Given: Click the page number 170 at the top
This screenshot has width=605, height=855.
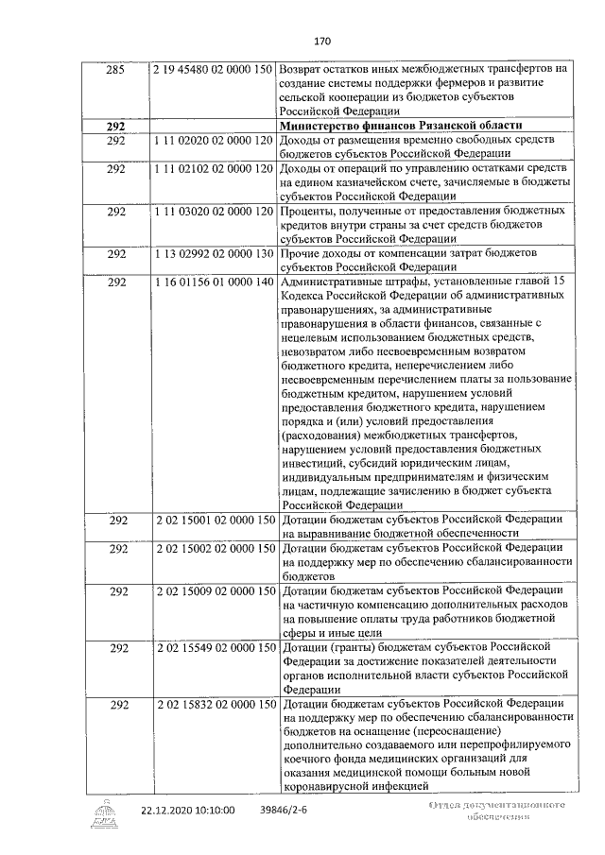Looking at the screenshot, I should click(321, 42).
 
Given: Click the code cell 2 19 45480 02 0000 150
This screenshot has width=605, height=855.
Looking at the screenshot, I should click(213, 69).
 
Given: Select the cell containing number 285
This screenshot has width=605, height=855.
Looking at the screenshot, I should click(115, 69).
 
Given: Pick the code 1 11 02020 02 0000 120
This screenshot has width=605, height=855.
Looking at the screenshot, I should click(213, 140).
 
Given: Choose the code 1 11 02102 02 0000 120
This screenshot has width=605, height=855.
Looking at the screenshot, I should click(213, 168).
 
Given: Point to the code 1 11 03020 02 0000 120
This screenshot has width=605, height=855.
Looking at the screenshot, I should click(213, 210).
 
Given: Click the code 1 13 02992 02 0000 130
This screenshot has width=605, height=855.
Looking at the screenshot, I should click(213, 253).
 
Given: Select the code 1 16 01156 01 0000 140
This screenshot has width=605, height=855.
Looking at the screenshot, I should click(213, 282).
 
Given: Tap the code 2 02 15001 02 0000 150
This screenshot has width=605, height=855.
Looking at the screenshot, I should click(213, 521).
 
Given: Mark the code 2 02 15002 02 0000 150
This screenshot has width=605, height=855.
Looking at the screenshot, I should click(213, 549).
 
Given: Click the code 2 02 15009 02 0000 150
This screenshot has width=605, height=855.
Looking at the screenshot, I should click(213, 591).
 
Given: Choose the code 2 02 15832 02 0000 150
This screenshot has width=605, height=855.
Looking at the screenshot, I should click(213, 704).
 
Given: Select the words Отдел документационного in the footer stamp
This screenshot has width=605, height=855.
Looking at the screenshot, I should click(496, 805).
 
